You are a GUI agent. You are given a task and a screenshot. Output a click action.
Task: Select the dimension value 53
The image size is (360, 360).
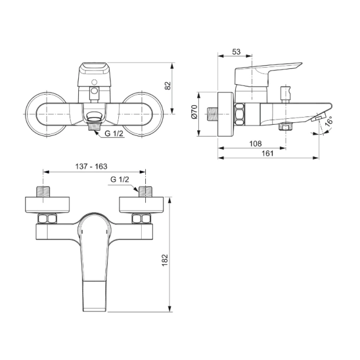tap(236, 52)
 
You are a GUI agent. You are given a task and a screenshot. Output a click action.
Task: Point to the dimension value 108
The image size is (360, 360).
tap(255, 144)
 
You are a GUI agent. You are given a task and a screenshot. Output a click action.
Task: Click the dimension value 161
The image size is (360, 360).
tap(268, 154)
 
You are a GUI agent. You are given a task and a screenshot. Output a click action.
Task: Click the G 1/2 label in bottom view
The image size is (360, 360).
tap(119, 179)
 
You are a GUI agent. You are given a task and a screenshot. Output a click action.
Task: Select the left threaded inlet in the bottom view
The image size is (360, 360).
tap(45, 192)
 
